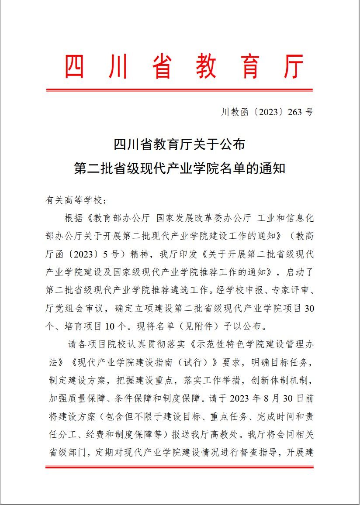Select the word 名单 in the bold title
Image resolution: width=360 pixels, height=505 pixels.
tap(222, 168)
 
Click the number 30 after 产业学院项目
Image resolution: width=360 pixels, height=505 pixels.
tap(309, 308)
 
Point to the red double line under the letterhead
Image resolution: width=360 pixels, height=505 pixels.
tap(180, 90)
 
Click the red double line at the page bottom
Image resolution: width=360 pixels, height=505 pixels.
tap(180, 467)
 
